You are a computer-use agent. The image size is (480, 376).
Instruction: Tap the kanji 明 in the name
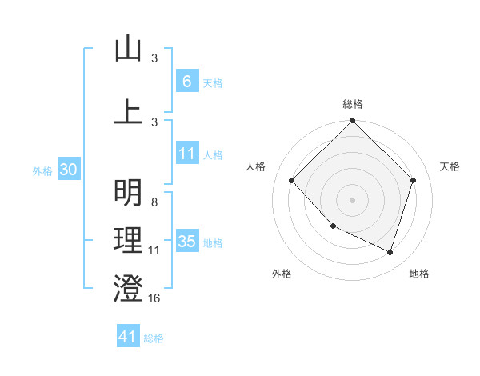tap(128, 193)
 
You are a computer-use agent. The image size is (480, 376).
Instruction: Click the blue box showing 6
tap(186, 82)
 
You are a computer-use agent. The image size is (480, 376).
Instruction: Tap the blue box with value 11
tap(186, 154)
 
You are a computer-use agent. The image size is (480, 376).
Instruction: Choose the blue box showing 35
tap(186, 242)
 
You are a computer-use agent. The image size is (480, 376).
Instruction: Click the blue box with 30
tap(68, 170)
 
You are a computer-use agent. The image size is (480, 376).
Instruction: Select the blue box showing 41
tap(128, 337)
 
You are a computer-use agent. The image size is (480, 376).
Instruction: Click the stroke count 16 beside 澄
tap(154, 298)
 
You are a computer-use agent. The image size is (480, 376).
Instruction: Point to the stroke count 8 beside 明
tap(154, 202)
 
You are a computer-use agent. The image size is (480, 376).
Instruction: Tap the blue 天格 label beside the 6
tap(213, 82)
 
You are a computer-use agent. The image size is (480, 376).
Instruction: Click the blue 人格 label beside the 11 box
tap(213, 155)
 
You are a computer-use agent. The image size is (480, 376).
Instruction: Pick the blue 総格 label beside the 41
tap(154, 338)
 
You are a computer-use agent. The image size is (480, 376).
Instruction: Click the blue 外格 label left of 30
tap(42, 170)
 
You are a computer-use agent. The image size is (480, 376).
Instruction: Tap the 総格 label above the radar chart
tap(352, 104)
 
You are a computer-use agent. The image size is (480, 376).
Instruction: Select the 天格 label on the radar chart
tap(450, 166)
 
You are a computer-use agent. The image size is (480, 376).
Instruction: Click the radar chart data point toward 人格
tap(292, 180)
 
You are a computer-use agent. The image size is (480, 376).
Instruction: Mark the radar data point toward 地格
tap(390, 252)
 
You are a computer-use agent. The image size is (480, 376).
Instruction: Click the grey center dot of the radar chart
tap(352, 199)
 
